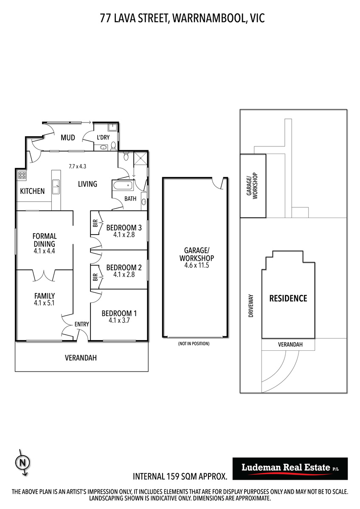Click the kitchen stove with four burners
point(22,176)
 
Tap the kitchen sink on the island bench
point(56,187)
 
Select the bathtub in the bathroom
point(122,185)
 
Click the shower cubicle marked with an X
point(141,158)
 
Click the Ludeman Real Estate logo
point(290,469)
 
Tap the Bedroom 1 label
point(119,313)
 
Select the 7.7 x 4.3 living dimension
point(78,166)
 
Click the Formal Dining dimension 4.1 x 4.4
point(44,251)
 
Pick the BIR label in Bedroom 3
point(95,223)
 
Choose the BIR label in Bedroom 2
point(95,277)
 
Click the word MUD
point(68,137)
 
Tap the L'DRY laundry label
point(103,137)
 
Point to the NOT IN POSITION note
point(194,344)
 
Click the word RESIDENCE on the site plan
point(288,298)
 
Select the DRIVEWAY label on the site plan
point(251,306)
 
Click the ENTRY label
point(82,324)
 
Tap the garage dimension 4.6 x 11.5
point(197,265)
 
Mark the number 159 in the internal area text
point(173,476)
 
